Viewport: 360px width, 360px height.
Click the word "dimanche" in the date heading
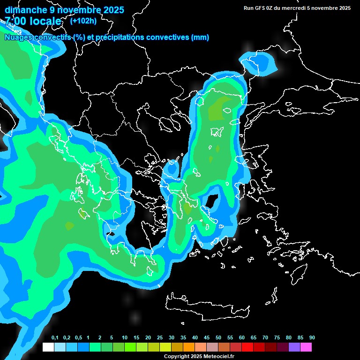[25, 10]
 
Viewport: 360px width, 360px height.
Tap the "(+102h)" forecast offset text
[83, 21]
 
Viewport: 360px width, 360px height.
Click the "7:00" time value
[15, 21]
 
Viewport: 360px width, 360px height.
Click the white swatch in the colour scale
[48, 347]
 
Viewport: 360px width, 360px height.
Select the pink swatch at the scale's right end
[306, 347]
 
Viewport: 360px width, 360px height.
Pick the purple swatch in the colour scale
[294, 347]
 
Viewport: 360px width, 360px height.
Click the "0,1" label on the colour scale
[55, 338]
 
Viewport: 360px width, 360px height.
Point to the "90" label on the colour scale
[312, 338]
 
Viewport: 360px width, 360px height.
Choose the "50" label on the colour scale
[218, 338]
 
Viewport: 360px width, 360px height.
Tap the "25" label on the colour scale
[160, 338]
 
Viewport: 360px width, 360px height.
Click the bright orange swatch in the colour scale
[189, 347]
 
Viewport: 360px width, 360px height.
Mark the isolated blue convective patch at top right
[257, 63]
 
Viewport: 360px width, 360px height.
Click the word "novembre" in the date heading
[78, 10]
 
